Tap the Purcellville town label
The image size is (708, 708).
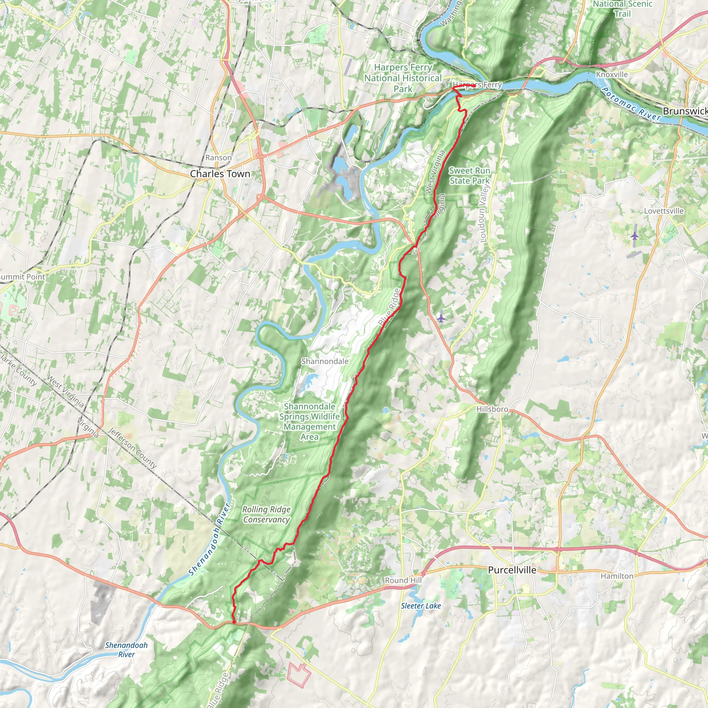click(x=512, y=569)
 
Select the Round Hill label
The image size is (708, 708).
click(x=403, y=580)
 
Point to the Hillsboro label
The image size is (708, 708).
click(x=492, y=409)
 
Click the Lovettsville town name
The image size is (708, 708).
click(x=664, y=211)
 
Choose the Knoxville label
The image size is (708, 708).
click(x=612, y=74)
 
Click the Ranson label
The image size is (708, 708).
click(x=218, y=158)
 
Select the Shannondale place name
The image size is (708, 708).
click(x=325, y=361)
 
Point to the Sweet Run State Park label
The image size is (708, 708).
click(x=469, y=176)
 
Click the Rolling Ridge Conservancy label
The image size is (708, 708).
click(x=267, y=514)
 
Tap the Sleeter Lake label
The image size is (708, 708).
click(x=421, y=606)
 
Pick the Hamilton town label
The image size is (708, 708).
click(x=617, y=576)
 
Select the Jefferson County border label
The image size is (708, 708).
click(x=132, y=448)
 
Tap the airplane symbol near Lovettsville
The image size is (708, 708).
click(x=635, y=236)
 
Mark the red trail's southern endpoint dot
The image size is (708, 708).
click(x=234, y=622)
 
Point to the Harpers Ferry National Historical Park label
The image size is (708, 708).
click(x=403, y=78)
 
